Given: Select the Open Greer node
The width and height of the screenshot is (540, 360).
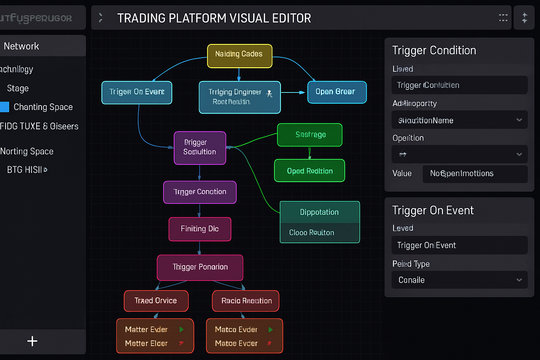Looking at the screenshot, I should tap(337, 92).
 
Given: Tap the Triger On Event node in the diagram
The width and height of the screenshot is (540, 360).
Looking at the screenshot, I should tap(137, 92).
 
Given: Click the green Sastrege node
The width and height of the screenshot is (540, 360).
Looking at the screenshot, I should tap(309, 135).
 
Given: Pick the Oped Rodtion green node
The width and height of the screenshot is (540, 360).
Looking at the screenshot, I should tap(309, 171).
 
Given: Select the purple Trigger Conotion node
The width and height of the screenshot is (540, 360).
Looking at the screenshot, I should tap(200, 192).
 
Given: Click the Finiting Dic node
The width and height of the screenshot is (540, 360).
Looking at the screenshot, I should tap(200, 229).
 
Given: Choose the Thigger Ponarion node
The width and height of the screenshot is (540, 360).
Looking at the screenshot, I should tap(200, 267).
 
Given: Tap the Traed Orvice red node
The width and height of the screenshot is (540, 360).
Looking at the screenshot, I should tap(156, 301).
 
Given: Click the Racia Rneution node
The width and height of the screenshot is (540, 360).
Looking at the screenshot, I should tap(246, 301).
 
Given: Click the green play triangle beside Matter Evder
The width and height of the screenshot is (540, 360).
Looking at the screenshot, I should tap(182, 329).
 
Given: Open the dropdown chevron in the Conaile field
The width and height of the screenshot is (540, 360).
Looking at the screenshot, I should tap(519, 280).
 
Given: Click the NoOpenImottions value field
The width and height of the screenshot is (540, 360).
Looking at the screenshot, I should tap(475, 174).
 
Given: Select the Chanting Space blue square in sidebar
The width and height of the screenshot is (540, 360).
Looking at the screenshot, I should tap(5, 107).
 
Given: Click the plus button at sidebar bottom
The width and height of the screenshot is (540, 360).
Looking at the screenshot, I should tap(32, 341).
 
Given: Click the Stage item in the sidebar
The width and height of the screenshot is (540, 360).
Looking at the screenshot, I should tap(18, 88).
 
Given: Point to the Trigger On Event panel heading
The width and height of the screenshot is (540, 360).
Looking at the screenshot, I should tap(433, 210).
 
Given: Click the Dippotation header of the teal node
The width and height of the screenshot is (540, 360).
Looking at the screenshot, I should tap(319, 212).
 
